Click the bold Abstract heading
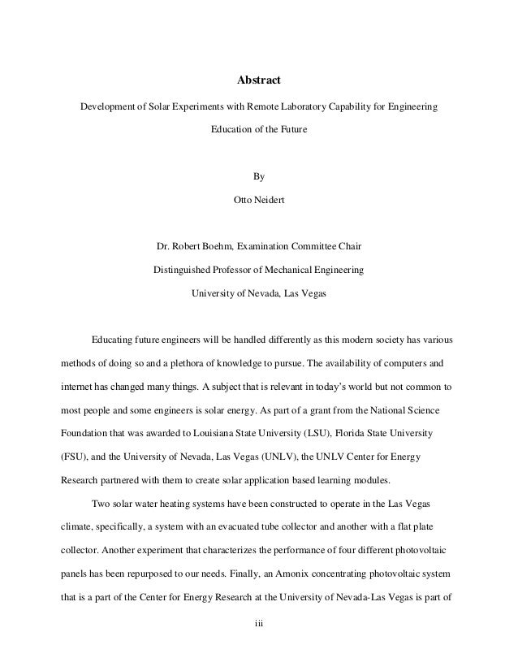[x=258, y=81]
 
